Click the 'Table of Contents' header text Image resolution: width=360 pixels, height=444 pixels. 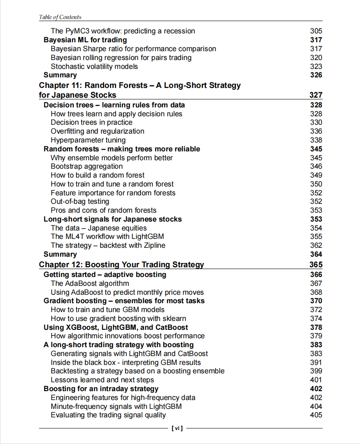(x=60, y=17)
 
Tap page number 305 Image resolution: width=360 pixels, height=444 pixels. (x=316, y=31)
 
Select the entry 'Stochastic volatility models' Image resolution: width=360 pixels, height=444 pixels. (x=94, y=66)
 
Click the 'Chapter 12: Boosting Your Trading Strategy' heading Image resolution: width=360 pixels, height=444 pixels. (x=121, y=265)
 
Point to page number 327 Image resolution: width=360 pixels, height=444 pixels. (x=316, y=95)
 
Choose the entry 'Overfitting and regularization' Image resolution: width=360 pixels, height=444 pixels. (x=97, y=131)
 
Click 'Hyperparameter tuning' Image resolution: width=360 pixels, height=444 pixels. (x=88, y=140)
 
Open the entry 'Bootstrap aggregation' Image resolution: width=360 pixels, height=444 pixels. (x=87, y=166)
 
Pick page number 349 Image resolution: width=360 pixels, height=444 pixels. (x=316, y=175)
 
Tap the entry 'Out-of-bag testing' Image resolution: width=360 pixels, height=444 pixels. (x=80, y=202)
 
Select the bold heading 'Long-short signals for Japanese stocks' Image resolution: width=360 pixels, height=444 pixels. (x=113, y=219)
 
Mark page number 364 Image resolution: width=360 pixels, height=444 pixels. (x=316, y=254)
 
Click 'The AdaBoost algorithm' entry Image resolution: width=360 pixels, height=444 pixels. (x=90, y=283)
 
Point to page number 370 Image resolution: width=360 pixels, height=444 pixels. (x=316, y=301)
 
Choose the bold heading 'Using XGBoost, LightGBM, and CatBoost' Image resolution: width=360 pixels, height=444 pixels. (x=116, y=327)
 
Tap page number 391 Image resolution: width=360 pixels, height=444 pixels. (x=316, y=362)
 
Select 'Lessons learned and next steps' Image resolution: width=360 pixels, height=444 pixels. (x=102, y=380)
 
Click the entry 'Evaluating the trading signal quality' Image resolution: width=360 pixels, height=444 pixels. (x=108, y=415)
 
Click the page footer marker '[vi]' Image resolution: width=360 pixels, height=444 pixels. (x=177, y=428)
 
